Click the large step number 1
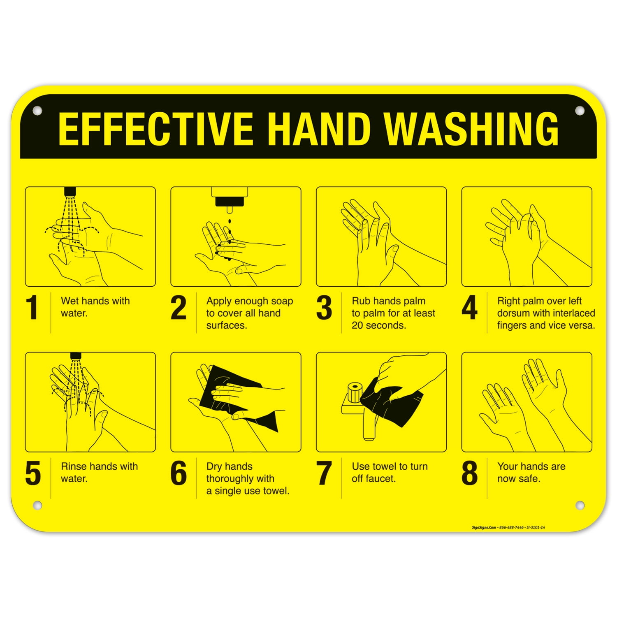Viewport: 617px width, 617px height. coord(32,308)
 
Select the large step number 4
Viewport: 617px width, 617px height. coord(469,308)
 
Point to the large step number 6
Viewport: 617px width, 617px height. coord(179,473)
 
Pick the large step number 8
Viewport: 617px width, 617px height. coord(469,473)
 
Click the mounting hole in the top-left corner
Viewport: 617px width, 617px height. coord(37,111)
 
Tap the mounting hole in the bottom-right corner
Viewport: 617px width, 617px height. coord(580,505)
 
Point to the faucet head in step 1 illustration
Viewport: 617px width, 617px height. coord(70,192)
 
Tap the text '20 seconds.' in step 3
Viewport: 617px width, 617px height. coord(378,325)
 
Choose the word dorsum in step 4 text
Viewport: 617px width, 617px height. coord(513,313)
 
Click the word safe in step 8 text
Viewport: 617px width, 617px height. coord(530,479)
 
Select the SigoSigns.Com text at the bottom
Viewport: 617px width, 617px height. coord(484,527)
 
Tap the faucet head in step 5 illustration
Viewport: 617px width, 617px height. coord(75,356)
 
